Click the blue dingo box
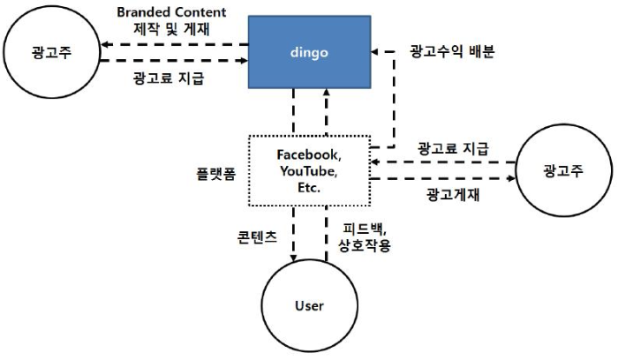tap(309, 51)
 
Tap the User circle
tap(309, 306)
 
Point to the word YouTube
tap(309, 171)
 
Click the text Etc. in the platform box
tap(309, 188)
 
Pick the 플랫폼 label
tap(215, 173)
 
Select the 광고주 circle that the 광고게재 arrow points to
tap(563, 169)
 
